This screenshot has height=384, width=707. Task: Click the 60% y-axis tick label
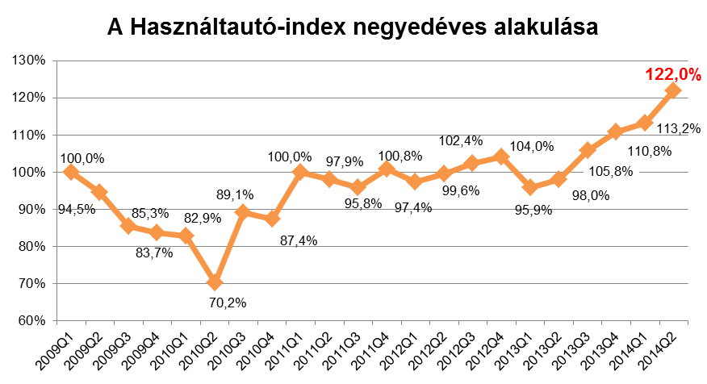pyautogui.click(x=31, y=320)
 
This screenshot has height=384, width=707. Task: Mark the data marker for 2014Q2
pyautogui.click(x=672, y=90)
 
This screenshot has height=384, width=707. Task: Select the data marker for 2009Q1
pyautogui.click(x=71, y=172)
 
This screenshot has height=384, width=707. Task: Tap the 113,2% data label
pyautogui.click(x=680, y=127)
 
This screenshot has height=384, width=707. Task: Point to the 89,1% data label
pyautogui.click(x=237, y=194)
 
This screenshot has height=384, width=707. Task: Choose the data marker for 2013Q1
pyautogui.click(x=530, y=187)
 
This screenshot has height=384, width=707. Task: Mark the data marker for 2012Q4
pyautogui.click(x=501, y=157)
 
